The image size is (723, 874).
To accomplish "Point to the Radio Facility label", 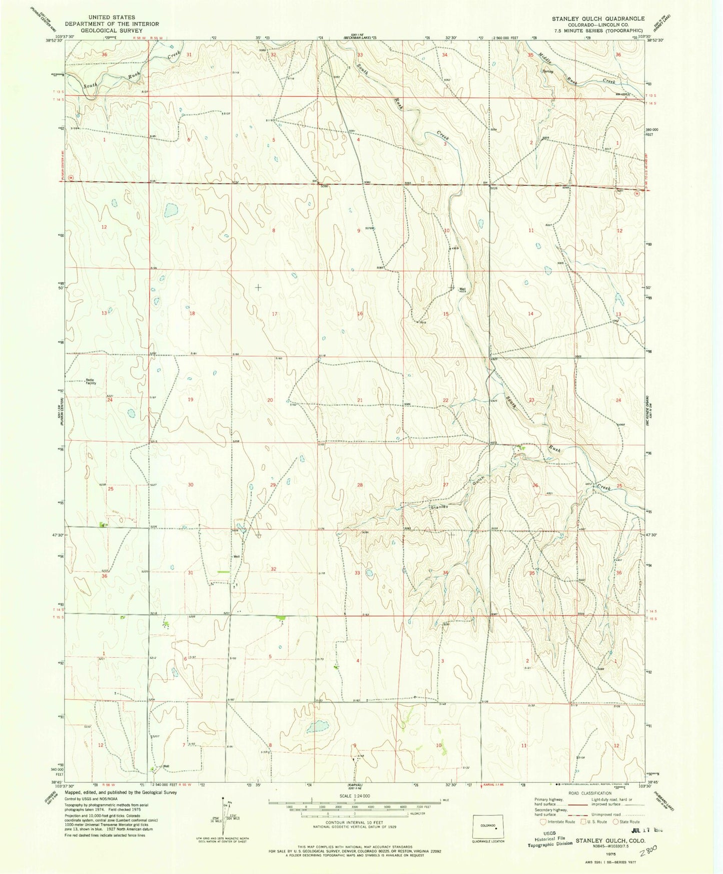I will [91, 381].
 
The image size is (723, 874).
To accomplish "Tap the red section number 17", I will [274, 314].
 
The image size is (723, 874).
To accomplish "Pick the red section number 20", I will [270, 400].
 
